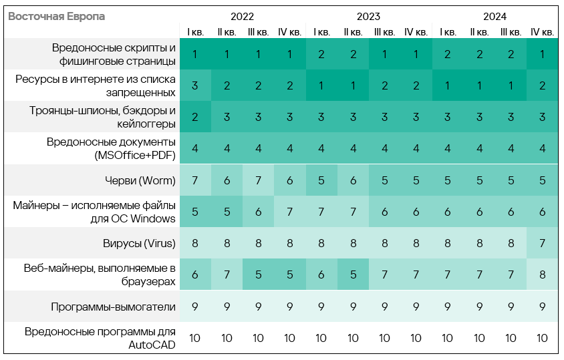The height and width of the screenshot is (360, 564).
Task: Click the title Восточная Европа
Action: coord(56,16)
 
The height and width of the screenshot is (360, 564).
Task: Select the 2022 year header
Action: coord(242,16)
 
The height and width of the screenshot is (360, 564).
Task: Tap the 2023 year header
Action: coord(368,16)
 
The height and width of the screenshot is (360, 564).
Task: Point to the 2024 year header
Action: coord(495,16)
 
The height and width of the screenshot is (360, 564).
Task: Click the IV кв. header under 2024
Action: coord(542,31)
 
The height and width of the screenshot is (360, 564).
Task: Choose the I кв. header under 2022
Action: coord(195,31)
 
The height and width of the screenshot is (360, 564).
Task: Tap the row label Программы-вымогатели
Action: coord(113,307)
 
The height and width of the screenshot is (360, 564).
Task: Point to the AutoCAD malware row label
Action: coord(100,338)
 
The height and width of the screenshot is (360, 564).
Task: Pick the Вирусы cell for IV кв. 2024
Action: coord(542,244)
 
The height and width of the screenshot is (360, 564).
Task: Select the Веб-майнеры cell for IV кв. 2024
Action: coord(542,275)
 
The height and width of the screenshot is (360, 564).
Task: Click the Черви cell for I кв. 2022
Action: coord(195,180)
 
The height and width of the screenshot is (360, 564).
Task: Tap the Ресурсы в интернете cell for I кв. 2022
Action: coord(195,85)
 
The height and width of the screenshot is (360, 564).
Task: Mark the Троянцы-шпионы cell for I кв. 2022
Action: coord(195,117)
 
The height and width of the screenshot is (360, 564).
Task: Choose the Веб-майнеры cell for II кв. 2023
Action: coord(353,275)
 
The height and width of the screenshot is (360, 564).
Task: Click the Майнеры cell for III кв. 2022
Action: coord(258,212)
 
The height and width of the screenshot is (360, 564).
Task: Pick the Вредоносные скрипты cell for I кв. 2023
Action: coord(321,54)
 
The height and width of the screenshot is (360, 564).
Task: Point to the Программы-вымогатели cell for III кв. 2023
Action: coord(384,307)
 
